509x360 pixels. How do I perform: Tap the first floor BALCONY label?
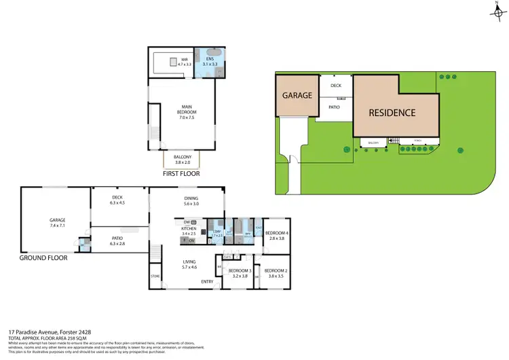[x=183, y=158]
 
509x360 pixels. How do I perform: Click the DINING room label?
[x=191, y=198]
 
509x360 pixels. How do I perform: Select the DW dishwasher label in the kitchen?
[x=187, y=222]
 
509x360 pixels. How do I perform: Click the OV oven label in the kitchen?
[x=192, y=240]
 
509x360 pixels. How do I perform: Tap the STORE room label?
[x=155, y=276]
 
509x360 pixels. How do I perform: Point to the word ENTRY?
[x=207, y=282]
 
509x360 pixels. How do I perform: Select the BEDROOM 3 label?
[x=240, y=271]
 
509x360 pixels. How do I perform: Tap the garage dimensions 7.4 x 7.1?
[x=56, y=225]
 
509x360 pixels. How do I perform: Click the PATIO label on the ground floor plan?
[x=117, y=238]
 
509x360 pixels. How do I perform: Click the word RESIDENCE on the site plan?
[x=392, y=113]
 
